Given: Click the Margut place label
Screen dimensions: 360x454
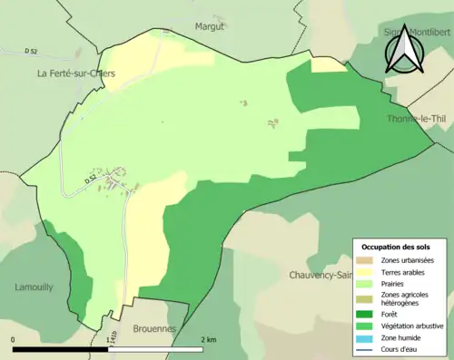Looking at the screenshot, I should point(209,26).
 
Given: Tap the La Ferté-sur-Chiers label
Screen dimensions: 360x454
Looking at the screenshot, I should point(76,73).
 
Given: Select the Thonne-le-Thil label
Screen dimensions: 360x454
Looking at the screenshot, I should point(416,118).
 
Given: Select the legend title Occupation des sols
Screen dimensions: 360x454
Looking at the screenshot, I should point(402,247).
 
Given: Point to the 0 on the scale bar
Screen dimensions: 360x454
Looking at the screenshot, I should point(13,340).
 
